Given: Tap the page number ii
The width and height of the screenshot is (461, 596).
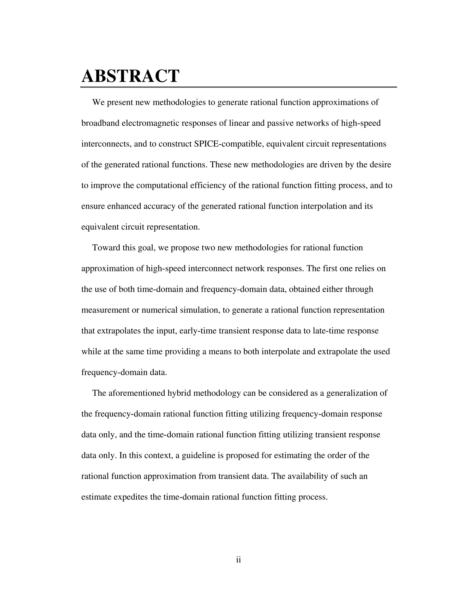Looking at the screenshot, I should [x=238, y=560].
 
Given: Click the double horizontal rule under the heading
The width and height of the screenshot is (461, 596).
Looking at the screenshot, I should [x=238, y=87].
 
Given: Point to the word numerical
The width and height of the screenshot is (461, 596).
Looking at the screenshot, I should [x=158, y=310].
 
